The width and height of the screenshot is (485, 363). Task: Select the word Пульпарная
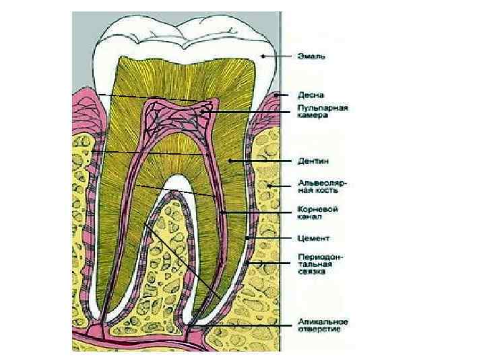point(323,108)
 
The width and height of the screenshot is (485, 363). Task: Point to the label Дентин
point(314,161)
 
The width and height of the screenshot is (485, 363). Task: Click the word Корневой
point(318,208)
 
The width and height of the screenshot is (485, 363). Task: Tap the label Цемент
point(313,237)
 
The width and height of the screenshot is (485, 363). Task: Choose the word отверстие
point(320,329)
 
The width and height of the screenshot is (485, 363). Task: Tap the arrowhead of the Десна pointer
point(276,95)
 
